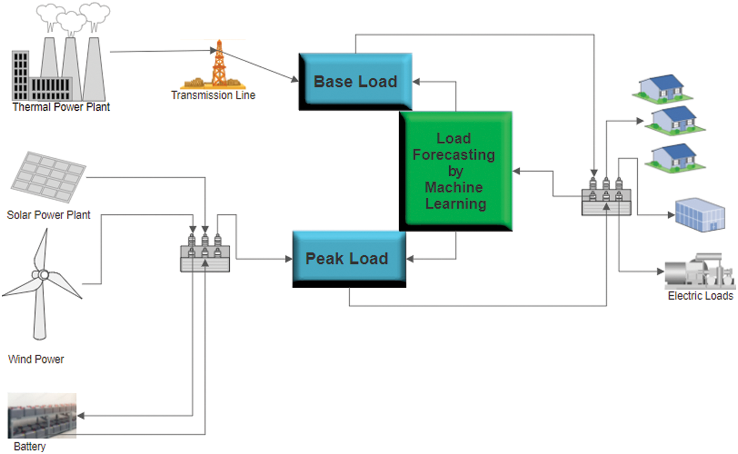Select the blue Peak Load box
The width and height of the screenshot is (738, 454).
coord(349,258)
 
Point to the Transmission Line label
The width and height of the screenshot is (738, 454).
coord(213,95)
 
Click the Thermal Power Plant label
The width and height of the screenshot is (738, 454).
coord(61,107)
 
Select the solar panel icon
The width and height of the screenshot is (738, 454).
coord(48,177)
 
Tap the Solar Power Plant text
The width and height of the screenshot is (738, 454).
coord(49,215)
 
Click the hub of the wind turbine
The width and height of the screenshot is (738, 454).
coord(44,275)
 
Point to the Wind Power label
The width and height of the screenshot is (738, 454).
coord(36,359)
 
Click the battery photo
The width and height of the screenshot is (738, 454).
coord(42,415)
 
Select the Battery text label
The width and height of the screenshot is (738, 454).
coord(30,447)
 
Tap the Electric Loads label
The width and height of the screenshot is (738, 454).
coord(700,296)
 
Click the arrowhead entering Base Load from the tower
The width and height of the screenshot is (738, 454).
coord(295,80)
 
